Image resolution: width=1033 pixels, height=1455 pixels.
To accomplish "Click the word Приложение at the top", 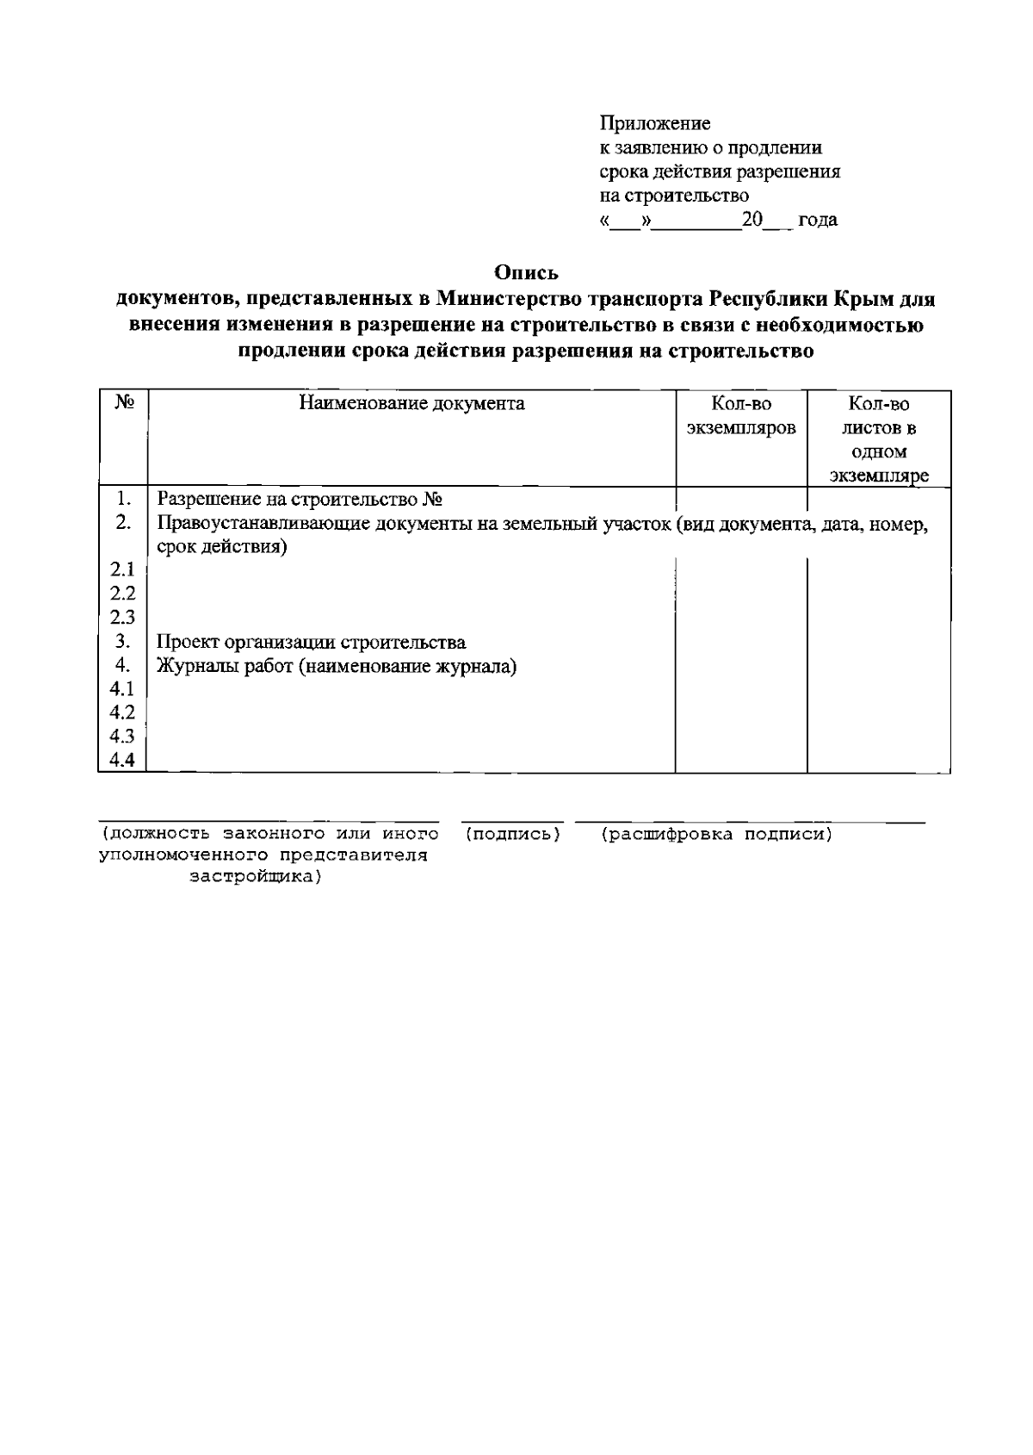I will [x=654, y=124].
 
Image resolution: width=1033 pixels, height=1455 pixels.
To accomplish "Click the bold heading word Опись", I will [x=526, y=273].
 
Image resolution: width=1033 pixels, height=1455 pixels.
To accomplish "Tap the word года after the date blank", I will [x=818, y=220].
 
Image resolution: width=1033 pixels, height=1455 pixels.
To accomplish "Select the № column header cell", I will [x=124, y=403].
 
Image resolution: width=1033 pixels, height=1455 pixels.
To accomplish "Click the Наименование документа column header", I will [x=411, y=403].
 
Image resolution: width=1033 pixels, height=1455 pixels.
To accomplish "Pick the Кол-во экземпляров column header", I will [x=740, y=415].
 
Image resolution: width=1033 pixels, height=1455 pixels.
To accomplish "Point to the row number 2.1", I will [x=123, y=569].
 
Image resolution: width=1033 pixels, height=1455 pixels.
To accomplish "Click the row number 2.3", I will [x=123, y=617].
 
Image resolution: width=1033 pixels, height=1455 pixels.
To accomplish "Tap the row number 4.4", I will [x=123, y=760].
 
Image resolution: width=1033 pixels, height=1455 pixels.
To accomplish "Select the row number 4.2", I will [x=123, y=712].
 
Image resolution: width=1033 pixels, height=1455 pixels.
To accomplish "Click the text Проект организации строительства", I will [x=312, y=643].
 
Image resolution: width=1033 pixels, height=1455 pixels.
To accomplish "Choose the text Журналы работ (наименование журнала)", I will [x=337, y=666].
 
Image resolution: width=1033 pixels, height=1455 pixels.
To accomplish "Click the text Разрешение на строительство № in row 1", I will [x=300, y=500].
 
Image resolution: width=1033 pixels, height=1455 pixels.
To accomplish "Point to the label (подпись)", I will [x=512, y=834].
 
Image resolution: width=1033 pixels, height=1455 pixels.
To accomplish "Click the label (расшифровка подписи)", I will [x=716, y=834].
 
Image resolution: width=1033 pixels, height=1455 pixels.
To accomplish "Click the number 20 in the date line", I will [x=753, y=220].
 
